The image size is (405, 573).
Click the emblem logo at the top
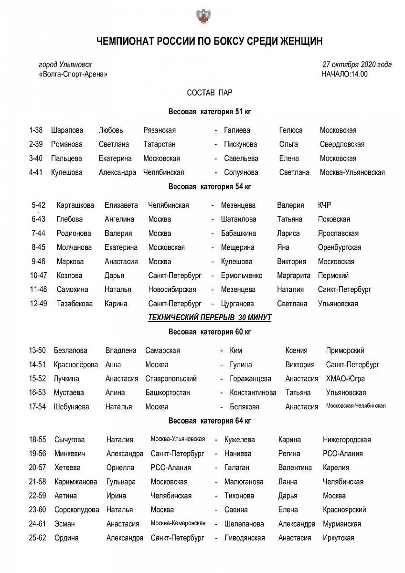[x=202, y=16]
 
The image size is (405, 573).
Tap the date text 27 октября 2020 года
[x=357, y=64]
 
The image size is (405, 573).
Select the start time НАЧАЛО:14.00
[x=345, y=74]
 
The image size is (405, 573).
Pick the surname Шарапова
[x=67, y=130]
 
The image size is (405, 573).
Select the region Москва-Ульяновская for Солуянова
[x=352, y=172]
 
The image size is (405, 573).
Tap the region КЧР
[x=324, y=205]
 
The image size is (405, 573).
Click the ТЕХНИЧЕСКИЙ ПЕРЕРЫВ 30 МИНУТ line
[x=210, y=317]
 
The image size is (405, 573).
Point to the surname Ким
[x=236, y=350]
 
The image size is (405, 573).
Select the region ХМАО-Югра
[x=345, y=379]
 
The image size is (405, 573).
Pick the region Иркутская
[x=338, y=538]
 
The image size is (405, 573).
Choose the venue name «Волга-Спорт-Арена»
[x=73, y=74]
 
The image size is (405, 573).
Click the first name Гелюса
[x=291, y=130]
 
